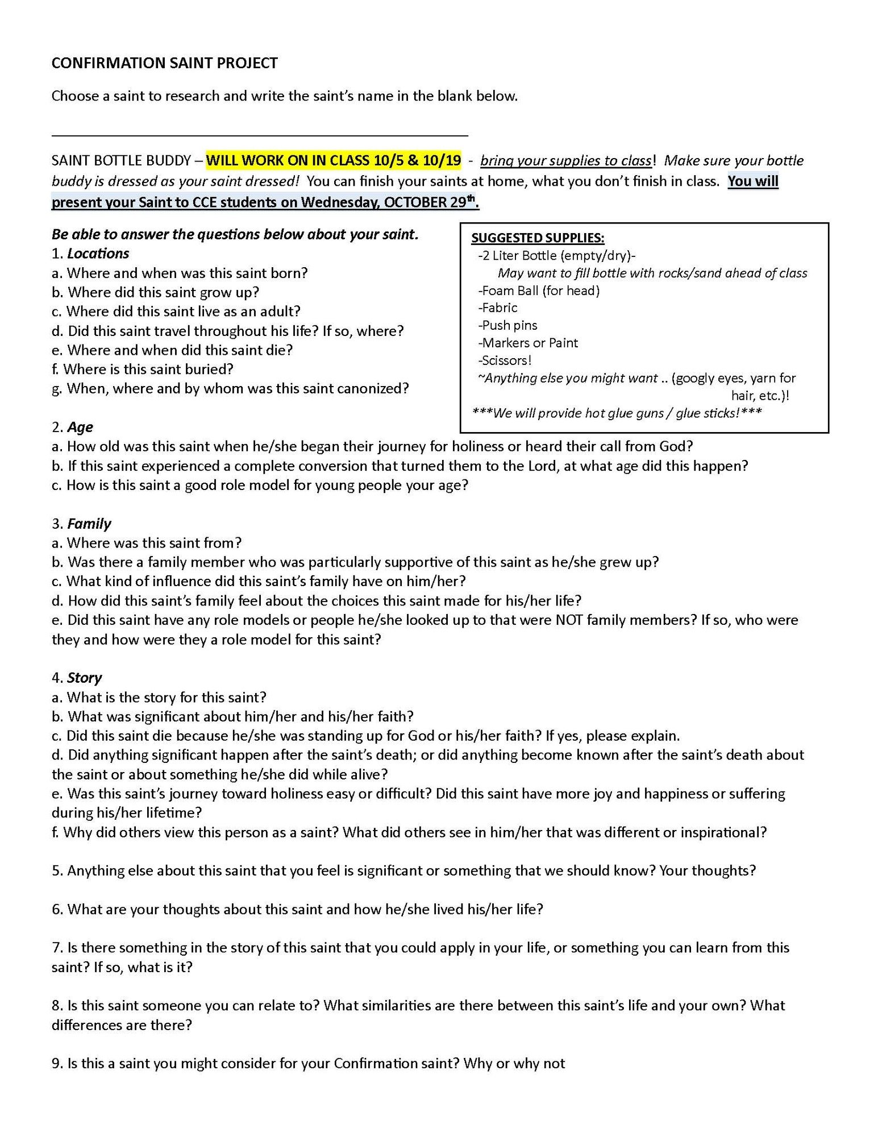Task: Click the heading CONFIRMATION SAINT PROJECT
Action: (x=164, y=63)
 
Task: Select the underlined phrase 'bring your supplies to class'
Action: (x=565, y=161)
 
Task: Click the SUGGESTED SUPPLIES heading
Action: (x=538, y=238)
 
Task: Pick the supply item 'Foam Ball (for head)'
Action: (x=539, y=291)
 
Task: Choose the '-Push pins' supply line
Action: (x=507, y=325)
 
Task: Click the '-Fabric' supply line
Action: (x=498, y=308)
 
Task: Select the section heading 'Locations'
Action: (x=98, y=254)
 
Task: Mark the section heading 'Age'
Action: (x=80, y=428)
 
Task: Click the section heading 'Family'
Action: (x=89, y=524)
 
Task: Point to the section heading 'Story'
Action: (x=84, y=678)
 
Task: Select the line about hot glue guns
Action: (x=617, y=413)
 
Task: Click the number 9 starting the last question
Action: (x=56, y=1064)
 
